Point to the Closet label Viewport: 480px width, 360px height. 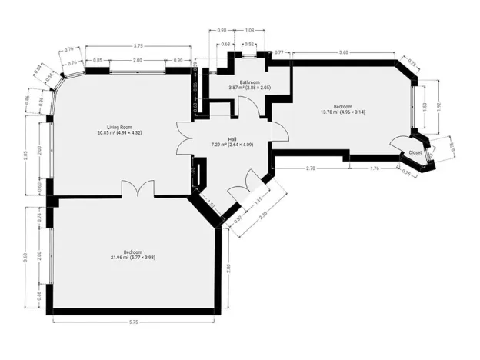pos(415,152)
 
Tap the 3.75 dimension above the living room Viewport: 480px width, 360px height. pos(138,45)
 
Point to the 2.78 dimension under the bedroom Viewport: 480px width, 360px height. pos(310,168)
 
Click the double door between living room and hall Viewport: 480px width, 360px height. pos(185,141)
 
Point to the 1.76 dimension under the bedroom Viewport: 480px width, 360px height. pos(375,168)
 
